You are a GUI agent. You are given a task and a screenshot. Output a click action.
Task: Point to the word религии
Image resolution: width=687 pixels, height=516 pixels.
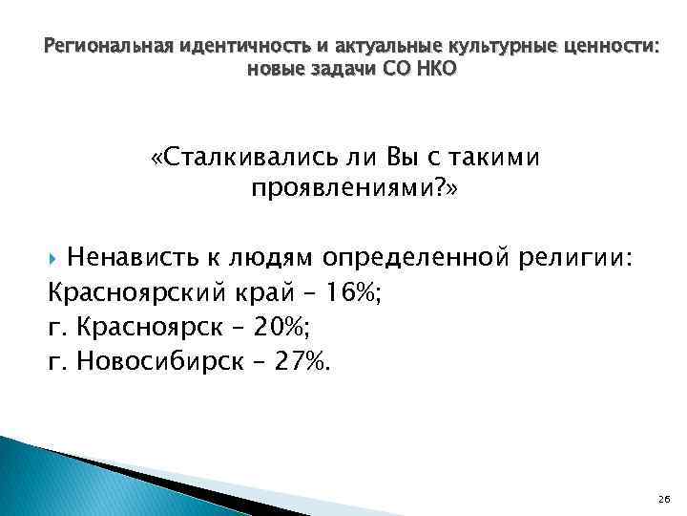pos(576,257)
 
